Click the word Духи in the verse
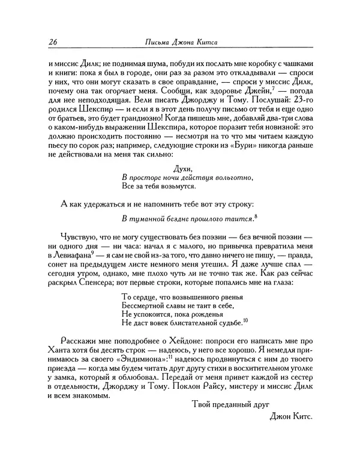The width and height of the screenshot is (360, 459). (181, 167)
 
